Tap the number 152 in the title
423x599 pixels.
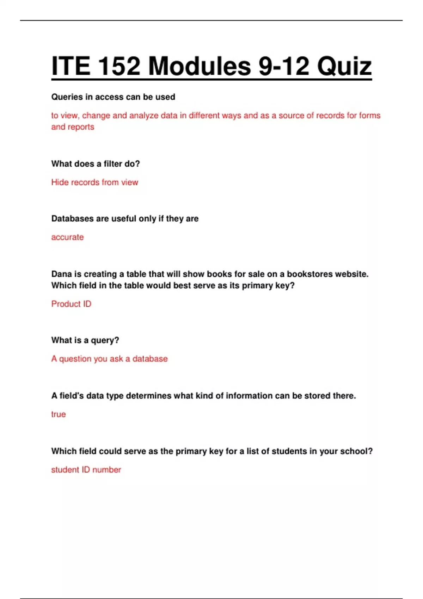pyautogui.click(x=118, y=66)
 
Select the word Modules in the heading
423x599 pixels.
pyautogui.click(x=199, y=66)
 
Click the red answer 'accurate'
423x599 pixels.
pyautogui.click(x=67, y=237)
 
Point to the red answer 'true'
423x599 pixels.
pyautogui.click(x=59, y=414)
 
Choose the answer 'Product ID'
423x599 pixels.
pyautogui.click(x=71, y=304)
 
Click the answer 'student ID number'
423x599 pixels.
pyautogui.click(x=86, y=470)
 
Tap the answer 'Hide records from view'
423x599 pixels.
pyautogui.click(x=94, y=182)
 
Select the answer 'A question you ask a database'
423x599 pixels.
pyautogui.click(x=109, y=359)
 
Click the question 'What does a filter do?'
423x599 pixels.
pyautogui.click(x=96, y=164)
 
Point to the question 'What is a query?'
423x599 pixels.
pyautogui.click(x=85, y=340)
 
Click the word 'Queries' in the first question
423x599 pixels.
pyautogui.click(x=67, y=97)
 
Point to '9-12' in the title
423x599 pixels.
pyautogui.click(x=284, y=66)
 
